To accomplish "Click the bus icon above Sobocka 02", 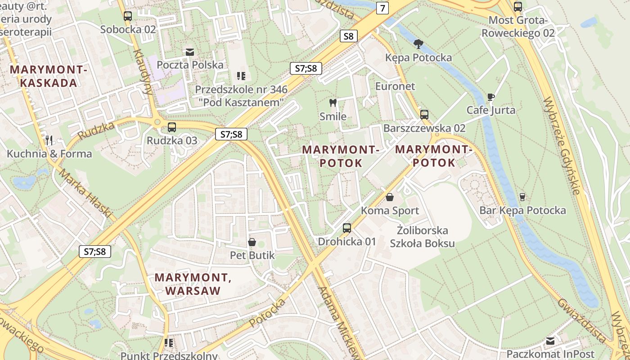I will point(128,16).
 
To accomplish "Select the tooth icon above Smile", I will point(333,103).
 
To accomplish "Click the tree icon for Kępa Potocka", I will point(418,44).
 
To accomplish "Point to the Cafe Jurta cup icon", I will point(490,97).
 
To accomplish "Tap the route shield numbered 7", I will point(382,8).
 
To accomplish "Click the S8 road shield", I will point(348,36).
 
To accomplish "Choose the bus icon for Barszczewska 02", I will point(424,115).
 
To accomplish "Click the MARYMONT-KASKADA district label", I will point(49,76).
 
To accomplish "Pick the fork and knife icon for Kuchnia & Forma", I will point(49,140).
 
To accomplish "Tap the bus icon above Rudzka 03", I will point(171,127).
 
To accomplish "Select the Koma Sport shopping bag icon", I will point(390,197).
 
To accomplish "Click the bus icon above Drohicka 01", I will point(346,228).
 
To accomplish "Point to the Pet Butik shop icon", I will point(252,242).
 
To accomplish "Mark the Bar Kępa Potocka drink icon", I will point(522,197).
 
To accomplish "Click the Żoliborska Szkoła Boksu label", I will point(422,237).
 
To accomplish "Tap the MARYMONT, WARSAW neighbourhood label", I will point(193,284).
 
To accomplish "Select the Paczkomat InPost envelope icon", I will point(550,341).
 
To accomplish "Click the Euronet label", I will point(395,86).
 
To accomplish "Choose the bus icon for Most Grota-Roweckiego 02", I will point(518,7).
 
